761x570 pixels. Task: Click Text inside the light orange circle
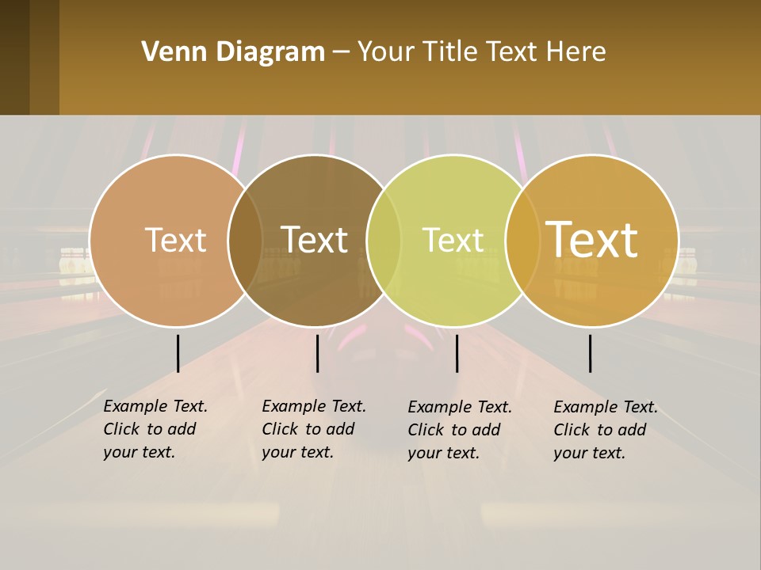pyautogui.click(x=175, y=240)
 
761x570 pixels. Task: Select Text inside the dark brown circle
pyautogui.click(x=314, y=240)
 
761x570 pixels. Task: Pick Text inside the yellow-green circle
pyautogui.click(x=453, y=240)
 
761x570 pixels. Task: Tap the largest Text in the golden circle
pyautogui.click(x=591, y=240)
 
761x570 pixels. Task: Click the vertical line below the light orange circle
pyautogui.click(x=178, y=353)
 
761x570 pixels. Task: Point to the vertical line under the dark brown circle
pyautogui.click(x=317, y=353)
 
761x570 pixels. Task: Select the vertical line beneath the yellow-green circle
pyautogui.click(x=457, y=353)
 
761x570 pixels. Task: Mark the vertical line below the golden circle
pyautogui.click(x=590, y=353)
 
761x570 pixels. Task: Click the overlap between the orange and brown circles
pyautogui.click(x=245, y=240)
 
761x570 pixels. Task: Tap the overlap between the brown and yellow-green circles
pyautogui.click(x=384, y=240)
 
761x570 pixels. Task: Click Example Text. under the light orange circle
pyautogui.click(x=155, y=406)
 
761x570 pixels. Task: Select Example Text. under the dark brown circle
pyautogui.click(x=314, y=406)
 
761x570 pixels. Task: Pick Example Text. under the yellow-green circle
pyautogui.click(x=460, y=407)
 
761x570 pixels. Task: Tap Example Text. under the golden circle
pyautogui.click(x=606, y=407)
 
